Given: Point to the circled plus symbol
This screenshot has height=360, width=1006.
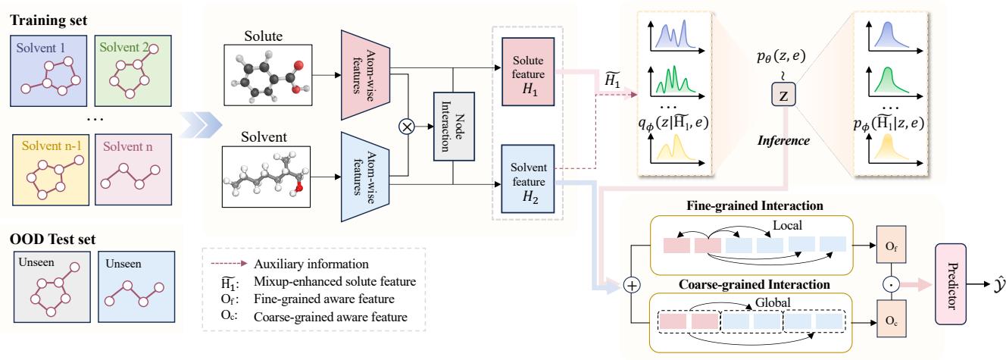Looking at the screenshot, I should tap(631, 285).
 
